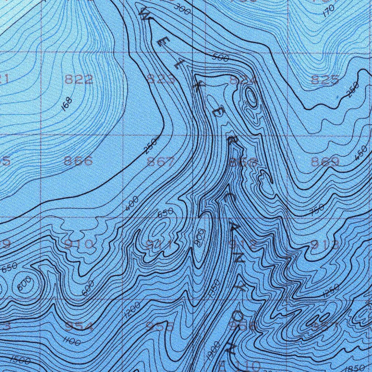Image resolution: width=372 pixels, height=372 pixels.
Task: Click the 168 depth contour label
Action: coord(67,104)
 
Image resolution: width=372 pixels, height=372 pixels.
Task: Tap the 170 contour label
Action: coord(328,12)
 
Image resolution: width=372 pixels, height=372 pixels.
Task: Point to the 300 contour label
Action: coord(182,9)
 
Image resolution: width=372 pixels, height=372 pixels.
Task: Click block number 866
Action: coord(78,161)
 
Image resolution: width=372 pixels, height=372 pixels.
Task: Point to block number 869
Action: coord(325,162)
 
